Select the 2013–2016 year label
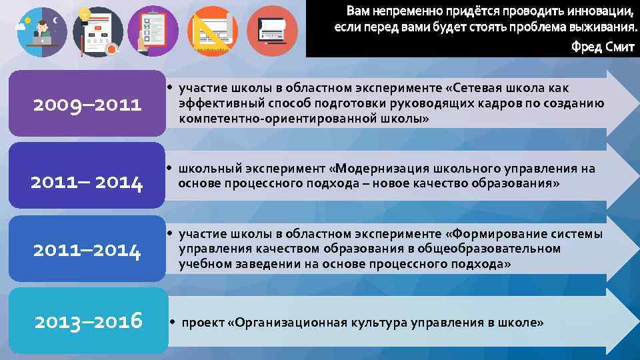pos(88,321)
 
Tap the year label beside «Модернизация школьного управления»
pos(87,182)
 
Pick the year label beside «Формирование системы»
pos(87,251)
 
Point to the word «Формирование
pos(494,234)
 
